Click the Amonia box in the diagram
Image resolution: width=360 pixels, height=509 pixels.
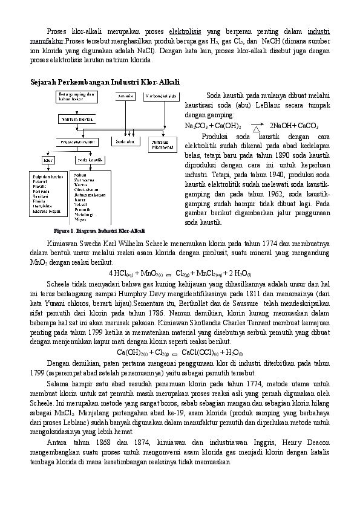[126, 97]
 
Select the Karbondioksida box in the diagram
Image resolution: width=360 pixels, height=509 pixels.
[162, 97]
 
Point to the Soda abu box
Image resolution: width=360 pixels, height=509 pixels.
[125, 141]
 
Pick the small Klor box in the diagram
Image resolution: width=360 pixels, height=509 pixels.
[48, 160]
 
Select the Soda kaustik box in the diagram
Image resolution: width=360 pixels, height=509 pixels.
[89, 160]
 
